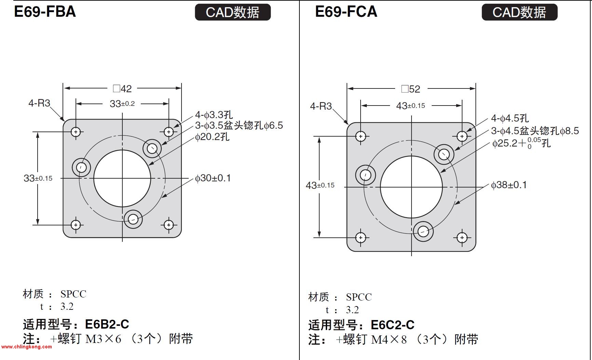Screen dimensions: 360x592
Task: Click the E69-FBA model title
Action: (45, 12)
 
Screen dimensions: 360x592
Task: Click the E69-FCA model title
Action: (346, 12)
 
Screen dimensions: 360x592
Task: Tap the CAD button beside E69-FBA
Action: (233, 12)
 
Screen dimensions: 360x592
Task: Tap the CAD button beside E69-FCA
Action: (519, 12)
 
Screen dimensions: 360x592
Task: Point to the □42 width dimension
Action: (122, 89)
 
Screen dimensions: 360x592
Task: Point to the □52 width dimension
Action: (411, 89)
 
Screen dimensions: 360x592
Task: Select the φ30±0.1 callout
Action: (213, 178)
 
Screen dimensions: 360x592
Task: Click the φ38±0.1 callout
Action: (509, 185)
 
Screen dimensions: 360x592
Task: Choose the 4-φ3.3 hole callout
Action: (214, 115)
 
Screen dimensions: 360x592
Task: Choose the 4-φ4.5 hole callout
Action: (510, 118)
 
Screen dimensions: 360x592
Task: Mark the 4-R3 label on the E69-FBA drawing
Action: (39, 103)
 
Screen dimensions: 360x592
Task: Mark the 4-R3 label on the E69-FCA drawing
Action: (321, 106)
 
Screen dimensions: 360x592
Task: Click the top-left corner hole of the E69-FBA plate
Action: (76, 131)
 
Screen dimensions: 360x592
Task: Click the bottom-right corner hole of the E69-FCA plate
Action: (462, 238)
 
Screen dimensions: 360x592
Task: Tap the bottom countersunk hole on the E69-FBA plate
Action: (133, 219)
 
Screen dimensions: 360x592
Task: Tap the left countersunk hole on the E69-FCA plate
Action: (365, 175)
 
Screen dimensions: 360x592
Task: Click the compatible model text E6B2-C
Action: (107, 324)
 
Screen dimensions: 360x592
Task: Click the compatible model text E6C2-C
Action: (392, 325)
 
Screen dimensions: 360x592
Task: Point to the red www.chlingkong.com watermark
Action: (26, 347)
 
